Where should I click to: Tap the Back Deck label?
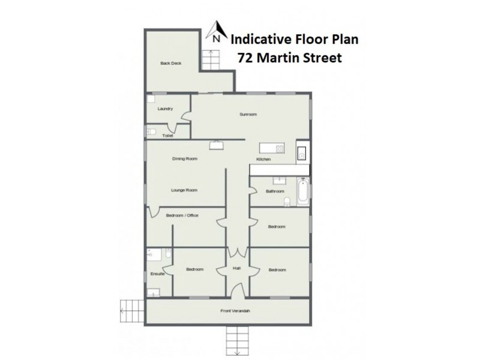(x=171, y=63)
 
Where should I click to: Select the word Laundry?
(x=165, y=109)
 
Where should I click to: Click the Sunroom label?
(x=248, y=114)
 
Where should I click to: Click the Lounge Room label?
(x=184, y=190)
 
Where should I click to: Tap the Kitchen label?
(x=263, y=159)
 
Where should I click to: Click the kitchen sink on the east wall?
(x=302, y=152)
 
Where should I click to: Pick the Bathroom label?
(x=275, y=191)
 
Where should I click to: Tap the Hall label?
(x=236, y=269)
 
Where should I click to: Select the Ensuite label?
(x=157, y=274)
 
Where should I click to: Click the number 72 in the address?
(x=245, y=58)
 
